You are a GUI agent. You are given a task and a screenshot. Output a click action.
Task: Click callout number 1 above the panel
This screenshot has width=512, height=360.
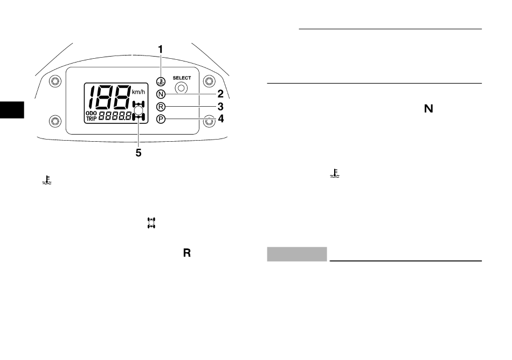point(160,49)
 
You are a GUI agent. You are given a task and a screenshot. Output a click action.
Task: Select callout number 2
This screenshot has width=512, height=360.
point(220,94)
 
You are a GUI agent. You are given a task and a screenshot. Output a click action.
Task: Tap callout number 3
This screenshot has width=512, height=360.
point(220,106)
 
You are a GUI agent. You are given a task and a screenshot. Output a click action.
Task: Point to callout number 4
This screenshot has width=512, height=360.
point(221,119)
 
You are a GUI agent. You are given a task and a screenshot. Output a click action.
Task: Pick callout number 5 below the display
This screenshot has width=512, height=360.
point(139,153)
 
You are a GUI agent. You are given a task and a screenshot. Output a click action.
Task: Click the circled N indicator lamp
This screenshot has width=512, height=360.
point(161,94)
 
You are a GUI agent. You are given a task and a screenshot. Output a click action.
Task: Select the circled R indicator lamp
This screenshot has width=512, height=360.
point(161,107)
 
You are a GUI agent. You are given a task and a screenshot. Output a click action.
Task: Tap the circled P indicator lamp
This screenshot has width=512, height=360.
point(161,119)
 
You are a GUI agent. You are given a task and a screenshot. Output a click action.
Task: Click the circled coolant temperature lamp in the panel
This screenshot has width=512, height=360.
point(161,81)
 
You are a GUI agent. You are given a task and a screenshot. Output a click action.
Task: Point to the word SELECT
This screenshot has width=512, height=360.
point(182,78)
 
